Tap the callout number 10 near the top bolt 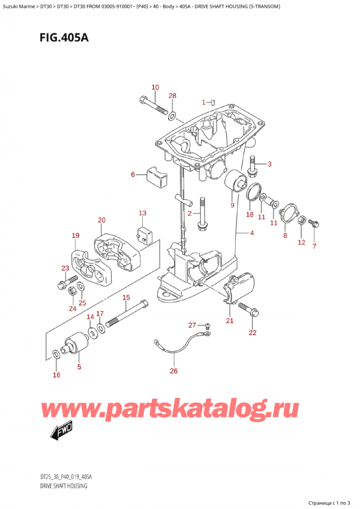pos(155,88)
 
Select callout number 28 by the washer pos(173,96)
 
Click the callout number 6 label pos(133,175)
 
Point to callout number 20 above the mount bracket pos(101,220)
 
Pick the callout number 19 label pos(75,235)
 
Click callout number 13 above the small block pos(142,213)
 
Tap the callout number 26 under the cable pos(173,370)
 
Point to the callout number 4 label pos(252,233)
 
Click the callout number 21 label pos(229,321)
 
